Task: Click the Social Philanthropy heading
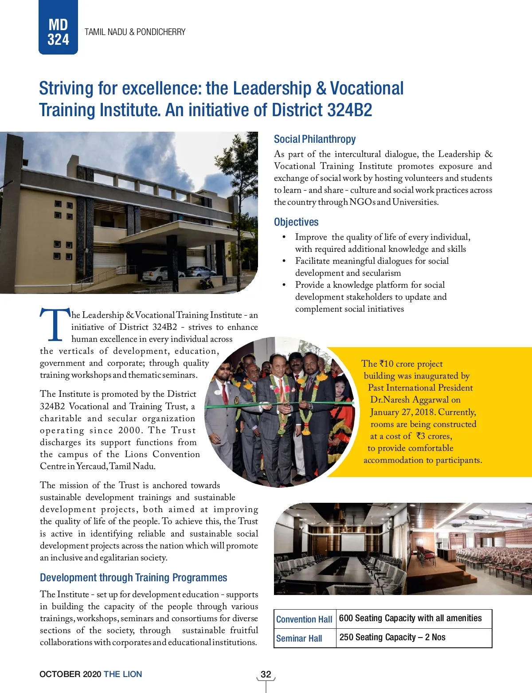[314, 139]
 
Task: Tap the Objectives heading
[296, 222]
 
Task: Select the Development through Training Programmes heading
[133, 578]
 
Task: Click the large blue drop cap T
[55, 325]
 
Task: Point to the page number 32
[266, 674]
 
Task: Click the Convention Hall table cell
[304, 619]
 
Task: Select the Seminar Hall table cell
[299, 638]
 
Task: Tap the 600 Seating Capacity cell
[410, 619]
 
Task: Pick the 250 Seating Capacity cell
[392, 638]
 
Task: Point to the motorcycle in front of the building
[206, 282]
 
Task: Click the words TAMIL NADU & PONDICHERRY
[135, 32]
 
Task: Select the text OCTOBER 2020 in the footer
[70, 674]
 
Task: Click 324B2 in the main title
[349, 110]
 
